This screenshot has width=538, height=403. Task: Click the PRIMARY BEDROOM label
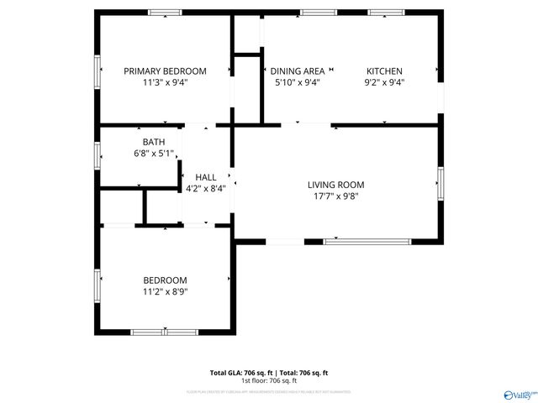(165, 71)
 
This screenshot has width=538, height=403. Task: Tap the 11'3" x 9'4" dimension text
(165, 82)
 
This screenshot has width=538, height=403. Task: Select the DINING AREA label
(297, 71)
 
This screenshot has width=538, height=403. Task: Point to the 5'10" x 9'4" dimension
(297, 82)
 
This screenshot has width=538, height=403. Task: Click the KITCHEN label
(384, 71)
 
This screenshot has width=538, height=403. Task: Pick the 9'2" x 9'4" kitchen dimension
(384, 82)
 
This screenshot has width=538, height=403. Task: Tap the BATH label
(154, 142)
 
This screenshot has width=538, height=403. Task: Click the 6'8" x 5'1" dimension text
(154, 153)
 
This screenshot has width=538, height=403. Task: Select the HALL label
(206, 177)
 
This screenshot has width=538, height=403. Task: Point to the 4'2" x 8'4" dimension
(206, 188)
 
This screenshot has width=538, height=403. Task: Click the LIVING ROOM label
(335, 185)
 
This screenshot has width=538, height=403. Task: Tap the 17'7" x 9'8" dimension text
(335, 196)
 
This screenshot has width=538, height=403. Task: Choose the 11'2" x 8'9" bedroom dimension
(165, 291)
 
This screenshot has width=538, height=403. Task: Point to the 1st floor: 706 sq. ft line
(269, 380)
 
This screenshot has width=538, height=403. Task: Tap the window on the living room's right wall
(440, 183)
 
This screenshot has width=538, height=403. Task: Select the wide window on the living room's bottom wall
(367, 242)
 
